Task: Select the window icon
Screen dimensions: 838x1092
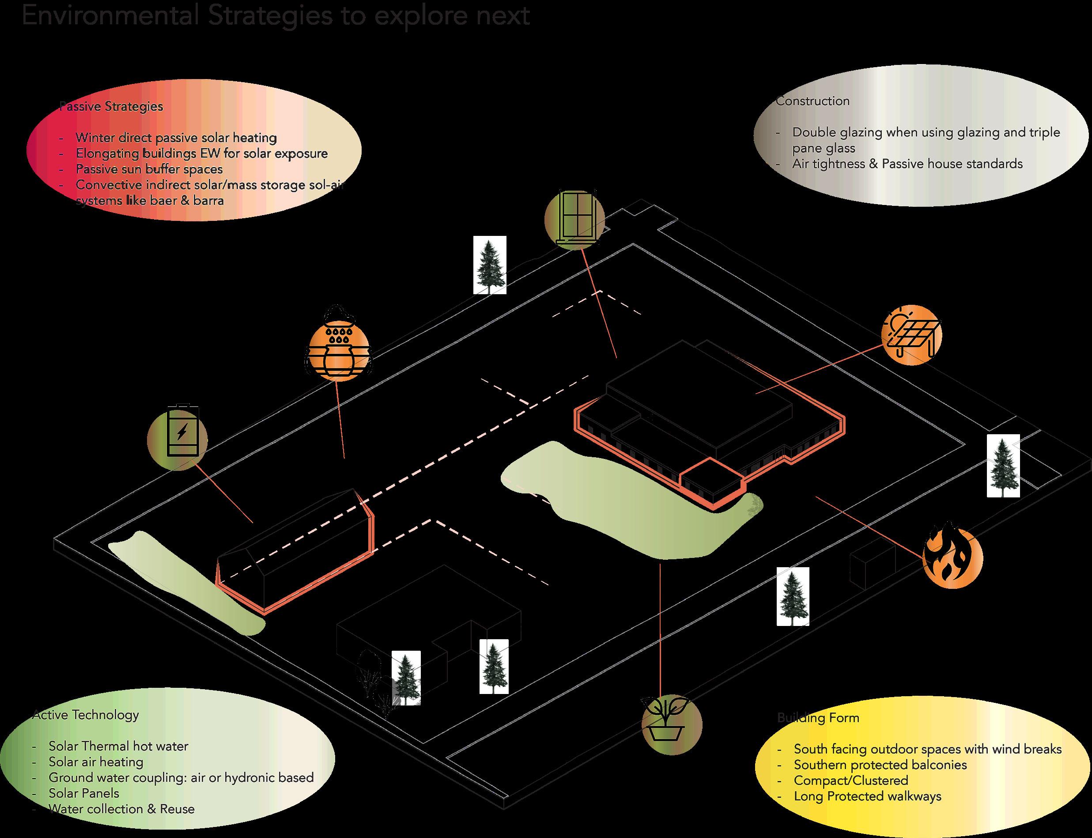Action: coord(575,218)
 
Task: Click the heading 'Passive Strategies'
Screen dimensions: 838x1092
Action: coord(111,106)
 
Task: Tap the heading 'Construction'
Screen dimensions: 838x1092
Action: coord(813,101)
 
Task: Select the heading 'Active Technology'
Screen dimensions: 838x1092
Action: coord(86,715)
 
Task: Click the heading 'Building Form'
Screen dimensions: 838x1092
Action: coord(818,718)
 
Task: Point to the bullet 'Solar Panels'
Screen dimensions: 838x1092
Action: coord(84,792)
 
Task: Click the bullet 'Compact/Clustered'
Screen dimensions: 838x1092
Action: coord(850,780)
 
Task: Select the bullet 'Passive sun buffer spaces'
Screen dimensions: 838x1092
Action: coord(149,169)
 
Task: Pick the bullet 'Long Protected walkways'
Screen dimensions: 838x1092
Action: coord(868,796)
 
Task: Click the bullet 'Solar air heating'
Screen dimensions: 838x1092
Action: coord(96,762)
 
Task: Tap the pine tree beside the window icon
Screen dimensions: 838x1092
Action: coord(490,265)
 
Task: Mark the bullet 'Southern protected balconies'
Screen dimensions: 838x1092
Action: coord(880,765)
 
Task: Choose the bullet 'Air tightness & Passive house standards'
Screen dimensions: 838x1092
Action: coord(907,163)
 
